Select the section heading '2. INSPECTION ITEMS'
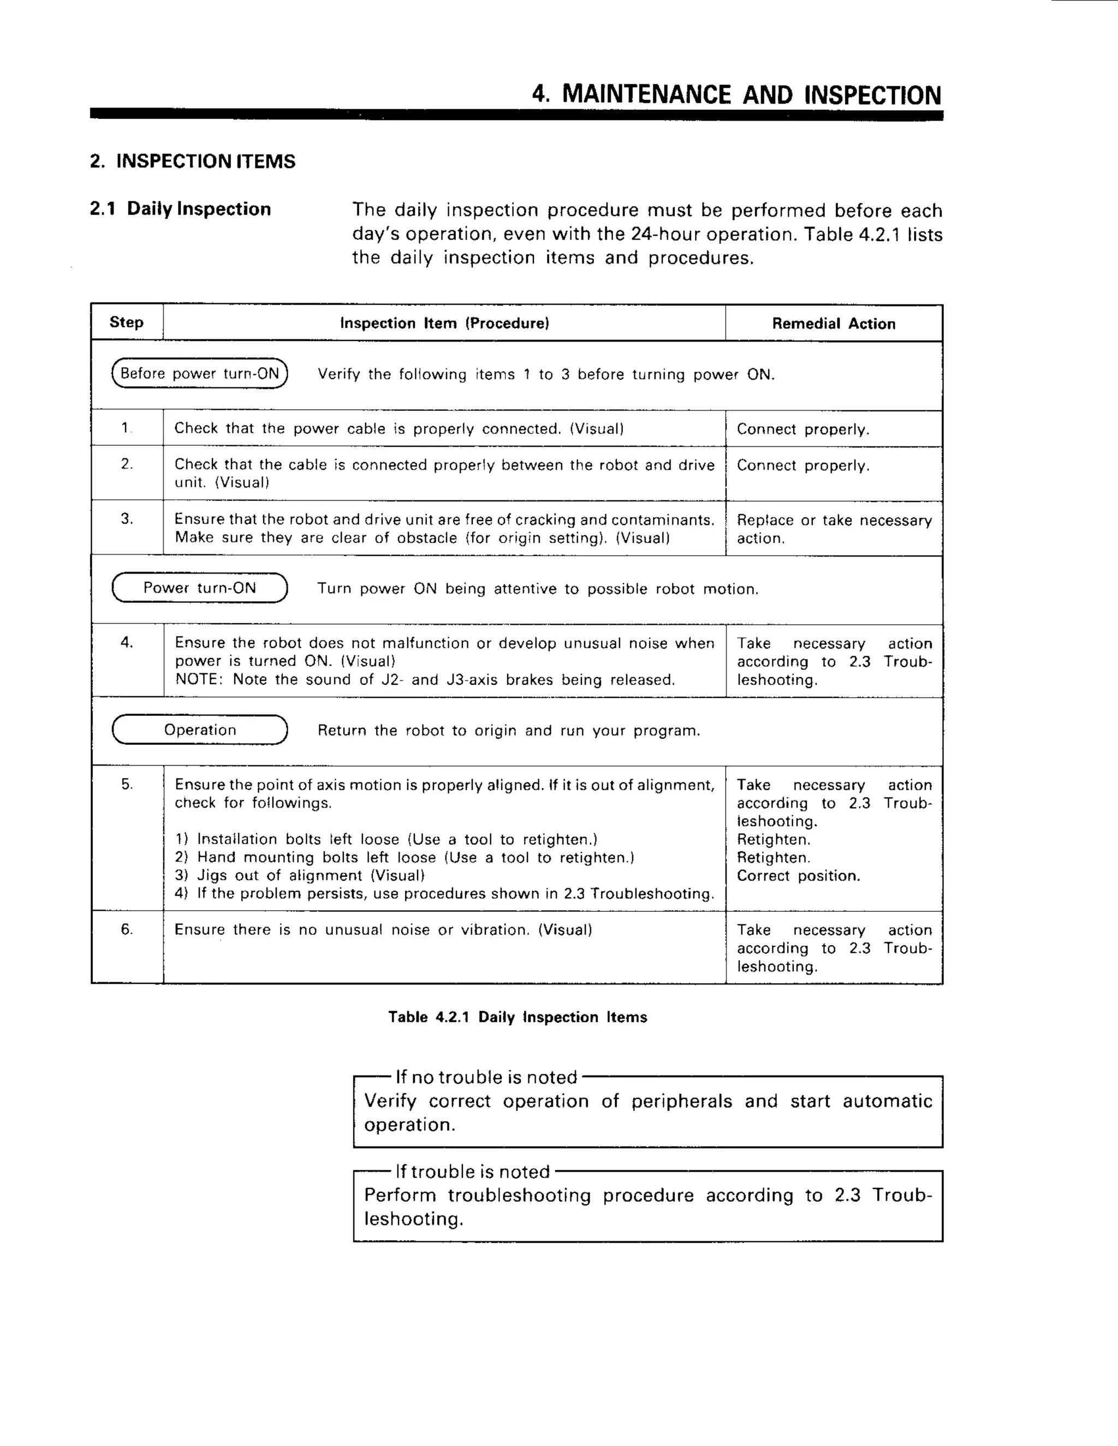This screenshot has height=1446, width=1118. [x=193, y=162]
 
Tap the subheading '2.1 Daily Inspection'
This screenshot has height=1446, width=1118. [x=180, y=209]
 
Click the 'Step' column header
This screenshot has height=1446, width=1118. [x=127, y=322]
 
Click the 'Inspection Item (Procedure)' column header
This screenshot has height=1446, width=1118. [x=444, y=323]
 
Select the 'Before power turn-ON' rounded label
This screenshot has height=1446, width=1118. [x=199, y=373]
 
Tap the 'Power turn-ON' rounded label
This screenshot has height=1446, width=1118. [x=199, y=588]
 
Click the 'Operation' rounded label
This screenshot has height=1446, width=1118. [x=199, y=730]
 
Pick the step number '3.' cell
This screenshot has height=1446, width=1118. [x=127, y=519]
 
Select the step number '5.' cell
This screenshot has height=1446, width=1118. [x=127, y=785]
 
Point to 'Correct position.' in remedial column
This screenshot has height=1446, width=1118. [x=798, y=876]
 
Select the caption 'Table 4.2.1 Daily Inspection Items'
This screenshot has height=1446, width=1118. [x=518, y=1017]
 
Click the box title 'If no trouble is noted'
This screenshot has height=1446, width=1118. [x=486, y=1077]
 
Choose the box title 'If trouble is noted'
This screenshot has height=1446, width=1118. [x=472, y=1172]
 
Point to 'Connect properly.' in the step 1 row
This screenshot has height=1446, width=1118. [x=802, y=429]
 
